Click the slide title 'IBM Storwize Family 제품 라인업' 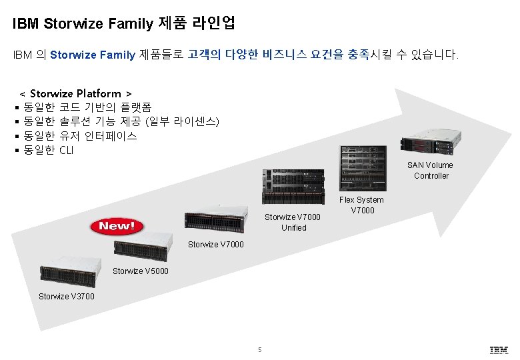(123, 24)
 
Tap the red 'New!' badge (117, 226)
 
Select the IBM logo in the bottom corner (499, 349)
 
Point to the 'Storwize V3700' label (67, 296)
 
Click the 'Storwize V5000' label (141, 271)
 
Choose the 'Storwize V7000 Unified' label (293, 222)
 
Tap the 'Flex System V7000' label (361, 205)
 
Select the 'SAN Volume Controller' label (431, 170)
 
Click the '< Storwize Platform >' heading (76, 93)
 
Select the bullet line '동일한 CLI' (49, 150)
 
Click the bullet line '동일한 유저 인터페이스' (80, 136)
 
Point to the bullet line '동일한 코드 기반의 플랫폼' (87, 107)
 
